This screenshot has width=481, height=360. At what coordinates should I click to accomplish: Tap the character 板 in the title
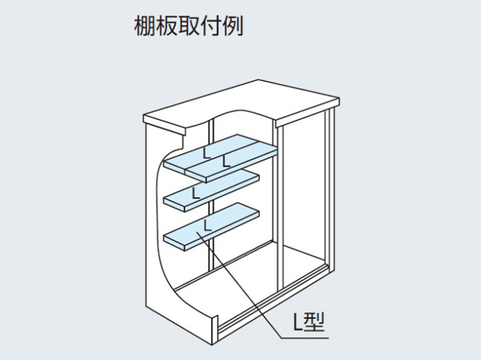pos(166,25)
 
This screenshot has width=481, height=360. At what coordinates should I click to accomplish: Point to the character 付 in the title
pos(210,25)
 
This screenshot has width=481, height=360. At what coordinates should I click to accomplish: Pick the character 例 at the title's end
pos(232,25)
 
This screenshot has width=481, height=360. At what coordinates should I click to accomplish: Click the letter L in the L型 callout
pos(298,323)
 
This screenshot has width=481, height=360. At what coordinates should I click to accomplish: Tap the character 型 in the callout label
pos(313,323)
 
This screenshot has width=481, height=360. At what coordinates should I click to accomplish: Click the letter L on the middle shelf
pos(195,192)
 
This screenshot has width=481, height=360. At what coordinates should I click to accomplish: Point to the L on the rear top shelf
pos(207,153)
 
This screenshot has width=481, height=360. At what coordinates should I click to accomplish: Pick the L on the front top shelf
pos(226,161)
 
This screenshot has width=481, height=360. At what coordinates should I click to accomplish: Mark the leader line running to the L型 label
pos(238,285)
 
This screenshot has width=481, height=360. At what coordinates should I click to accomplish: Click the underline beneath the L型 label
pos(305,338)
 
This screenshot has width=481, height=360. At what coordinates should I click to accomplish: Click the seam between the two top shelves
pos(221,156)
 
